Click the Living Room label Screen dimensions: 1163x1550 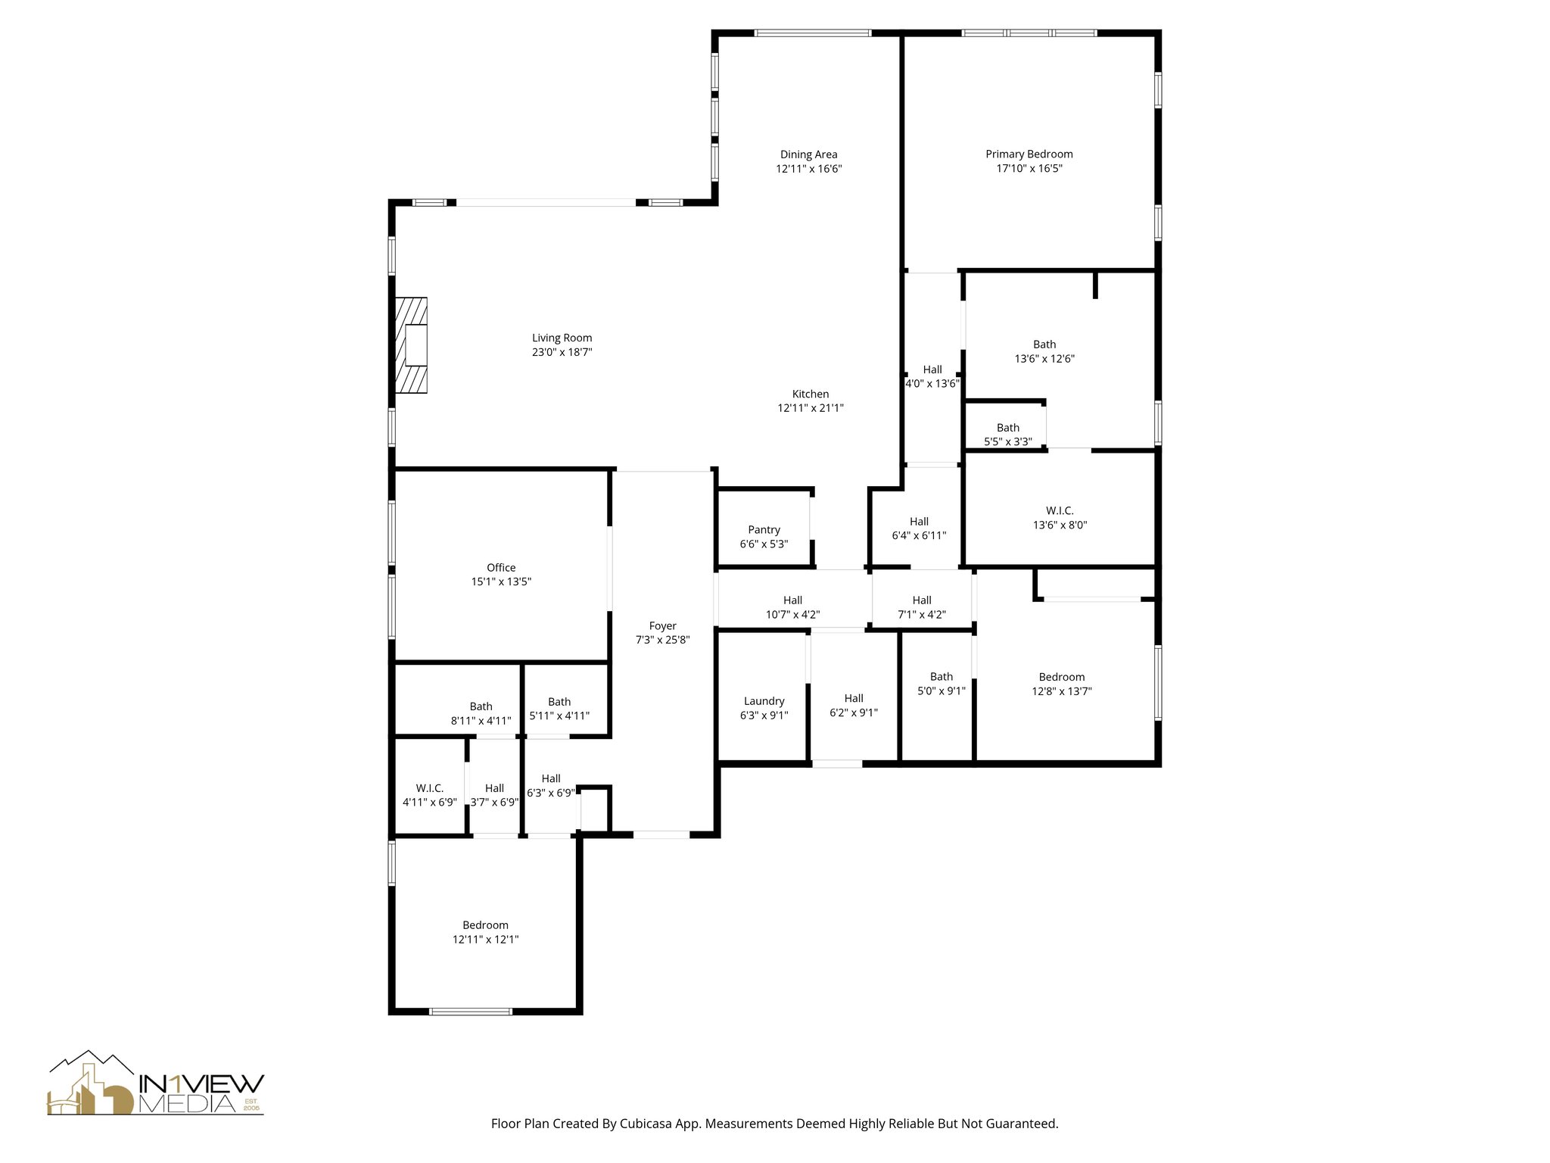click(x=562, y=338)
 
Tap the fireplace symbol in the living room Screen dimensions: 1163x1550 click(x=411, y=345)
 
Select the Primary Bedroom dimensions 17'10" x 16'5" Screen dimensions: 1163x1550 click(x=1029, y=169)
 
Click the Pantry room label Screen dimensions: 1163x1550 click(x=764, y=530)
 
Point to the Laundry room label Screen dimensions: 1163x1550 click(x=764, y=701)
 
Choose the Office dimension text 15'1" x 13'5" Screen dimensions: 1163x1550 click(x=501, y=581)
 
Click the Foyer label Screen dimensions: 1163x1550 click(x=662, y=625)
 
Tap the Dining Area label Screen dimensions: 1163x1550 click(x=808, y=154)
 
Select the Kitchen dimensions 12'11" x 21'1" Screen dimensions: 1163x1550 click(x=811, y=408)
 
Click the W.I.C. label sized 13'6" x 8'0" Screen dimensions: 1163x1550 click(x=1060, y=511)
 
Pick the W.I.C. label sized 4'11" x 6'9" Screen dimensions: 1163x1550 click(x=429, y=788)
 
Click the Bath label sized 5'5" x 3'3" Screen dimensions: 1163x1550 click(x=1007, y=428)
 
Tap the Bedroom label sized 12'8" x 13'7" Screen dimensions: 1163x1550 click(x=1061, y=677)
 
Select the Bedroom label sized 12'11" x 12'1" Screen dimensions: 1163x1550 click(x=485, y=925)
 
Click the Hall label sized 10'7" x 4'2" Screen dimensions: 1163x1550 click(x=792, y=600)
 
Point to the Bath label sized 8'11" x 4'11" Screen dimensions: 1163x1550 click(x=481, y=706)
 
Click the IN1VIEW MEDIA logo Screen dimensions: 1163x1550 click(x=156, y=1083)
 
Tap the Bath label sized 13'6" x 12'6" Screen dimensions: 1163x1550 click(x=1044, y=345)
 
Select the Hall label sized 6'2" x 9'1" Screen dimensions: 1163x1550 click(x=854, y=699)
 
